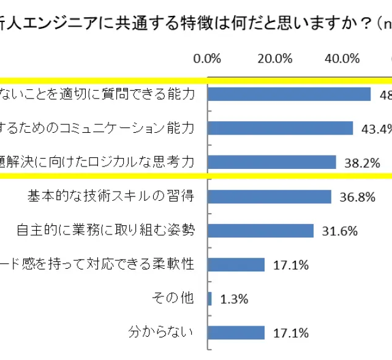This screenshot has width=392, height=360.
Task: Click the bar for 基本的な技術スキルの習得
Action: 269,196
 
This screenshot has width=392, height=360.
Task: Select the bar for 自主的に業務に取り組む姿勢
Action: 261,230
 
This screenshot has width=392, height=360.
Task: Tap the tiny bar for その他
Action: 210,299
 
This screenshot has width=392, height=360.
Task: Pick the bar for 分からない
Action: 236,332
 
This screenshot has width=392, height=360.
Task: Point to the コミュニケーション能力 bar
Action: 281,128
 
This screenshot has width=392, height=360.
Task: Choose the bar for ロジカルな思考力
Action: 272,162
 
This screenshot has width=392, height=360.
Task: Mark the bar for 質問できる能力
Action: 289,94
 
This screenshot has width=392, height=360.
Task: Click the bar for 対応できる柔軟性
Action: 236,264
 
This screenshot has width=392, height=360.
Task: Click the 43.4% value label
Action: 375,129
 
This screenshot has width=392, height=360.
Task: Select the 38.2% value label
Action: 357,163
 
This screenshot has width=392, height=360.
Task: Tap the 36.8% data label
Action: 353,197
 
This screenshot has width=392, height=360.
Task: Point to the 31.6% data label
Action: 335,231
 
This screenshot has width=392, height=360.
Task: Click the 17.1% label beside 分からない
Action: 286,334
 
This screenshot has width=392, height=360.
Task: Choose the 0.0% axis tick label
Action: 206,59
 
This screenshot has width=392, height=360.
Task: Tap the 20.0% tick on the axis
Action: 274,59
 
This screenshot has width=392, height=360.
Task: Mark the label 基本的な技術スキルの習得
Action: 111,196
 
